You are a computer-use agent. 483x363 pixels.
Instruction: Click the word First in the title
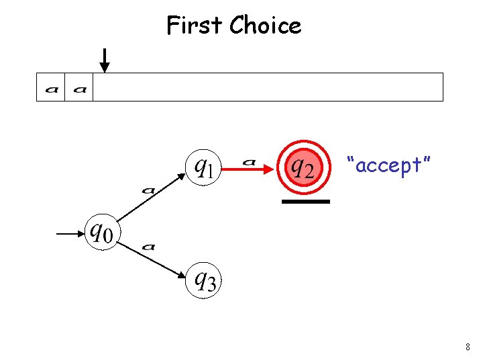(x=195, y=26)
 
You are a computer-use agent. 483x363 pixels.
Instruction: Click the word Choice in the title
(x=266, y=26)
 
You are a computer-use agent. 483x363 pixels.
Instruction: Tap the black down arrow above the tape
(x=104, y=60)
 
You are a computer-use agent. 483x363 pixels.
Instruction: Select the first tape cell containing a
(x=50, y=87)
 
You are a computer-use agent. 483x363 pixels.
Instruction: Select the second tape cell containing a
(x=78, y=87)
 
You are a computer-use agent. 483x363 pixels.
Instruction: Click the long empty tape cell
(x=268, y=87)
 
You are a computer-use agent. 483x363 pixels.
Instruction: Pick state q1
(x=203, y=165)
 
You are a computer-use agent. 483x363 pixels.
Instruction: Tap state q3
(x=204, y=280)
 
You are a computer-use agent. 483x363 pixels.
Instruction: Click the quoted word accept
(x=388, y=164)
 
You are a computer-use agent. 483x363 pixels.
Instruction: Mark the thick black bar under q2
(x=306, y=202)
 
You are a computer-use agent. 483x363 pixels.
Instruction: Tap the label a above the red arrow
(x=249, y=161)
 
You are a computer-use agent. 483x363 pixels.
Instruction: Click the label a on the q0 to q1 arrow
(x=149, y=190)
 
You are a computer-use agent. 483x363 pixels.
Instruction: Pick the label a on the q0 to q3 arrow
(x=149, y=247)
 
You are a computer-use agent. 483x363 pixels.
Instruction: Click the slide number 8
(x=467, y=348)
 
